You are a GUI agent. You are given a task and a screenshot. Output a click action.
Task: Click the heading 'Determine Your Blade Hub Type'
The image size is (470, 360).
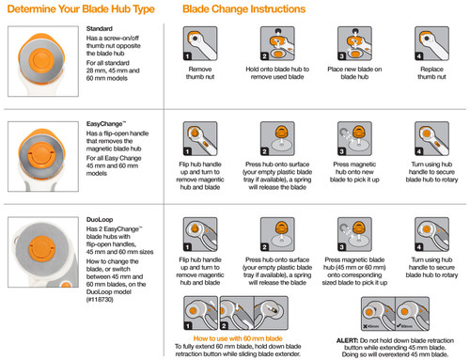click(77, 11)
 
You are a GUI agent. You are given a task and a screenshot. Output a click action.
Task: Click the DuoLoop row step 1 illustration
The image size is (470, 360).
click(207, 236)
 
